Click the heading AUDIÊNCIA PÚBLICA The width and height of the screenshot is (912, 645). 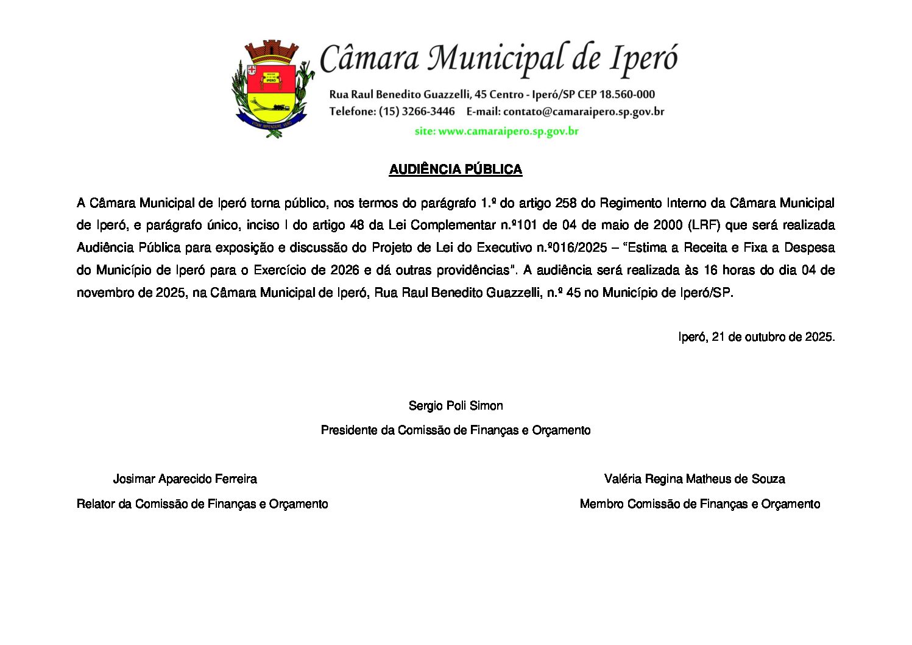[456, 169]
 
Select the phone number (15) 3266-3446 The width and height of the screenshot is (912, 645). [417, 112]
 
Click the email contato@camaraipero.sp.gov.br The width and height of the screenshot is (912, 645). [583, 112]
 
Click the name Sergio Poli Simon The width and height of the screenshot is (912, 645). [456, 406]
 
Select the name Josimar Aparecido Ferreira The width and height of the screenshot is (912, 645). [185, 479]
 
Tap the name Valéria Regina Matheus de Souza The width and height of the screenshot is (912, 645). [694, 479]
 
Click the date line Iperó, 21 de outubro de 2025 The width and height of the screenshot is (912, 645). [756, 337]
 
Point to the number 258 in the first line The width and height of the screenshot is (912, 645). [566, 203]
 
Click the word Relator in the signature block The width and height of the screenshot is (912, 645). [96, 504]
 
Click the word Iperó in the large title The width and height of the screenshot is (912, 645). [643, 59]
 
